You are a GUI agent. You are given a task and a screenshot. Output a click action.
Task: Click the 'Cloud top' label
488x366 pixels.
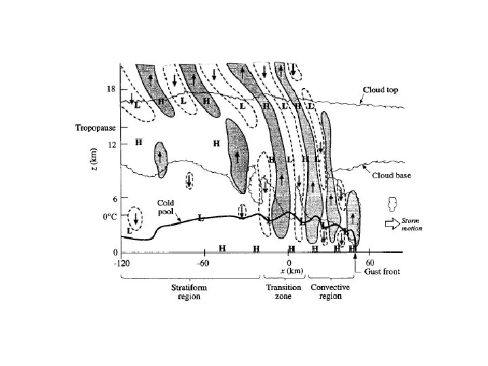pos(382,89)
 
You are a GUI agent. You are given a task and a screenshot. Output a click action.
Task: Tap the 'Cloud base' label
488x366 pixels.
pos(388,176)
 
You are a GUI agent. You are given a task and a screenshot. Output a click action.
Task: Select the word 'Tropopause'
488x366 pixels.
pos(92,127)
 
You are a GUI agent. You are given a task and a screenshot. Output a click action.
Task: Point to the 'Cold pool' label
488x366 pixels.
pos(166,206)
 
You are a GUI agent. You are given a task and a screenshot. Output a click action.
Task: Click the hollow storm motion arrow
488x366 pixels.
pos(391,224)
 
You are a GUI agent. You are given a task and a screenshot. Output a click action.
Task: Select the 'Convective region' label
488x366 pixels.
pos(330,292)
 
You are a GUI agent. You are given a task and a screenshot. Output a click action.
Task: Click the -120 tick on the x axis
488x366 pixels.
pos(121,262)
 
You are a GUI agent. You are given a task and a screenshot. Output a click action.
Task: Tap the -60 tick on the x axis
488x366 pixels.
pos(202,262)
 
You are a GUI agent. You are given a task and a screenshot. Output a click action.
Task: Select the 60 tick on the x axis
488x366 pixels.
pos(370,262)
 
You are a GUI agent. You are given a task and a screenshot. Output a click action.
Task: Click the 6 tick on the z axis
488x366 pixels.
pos(115,199)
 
